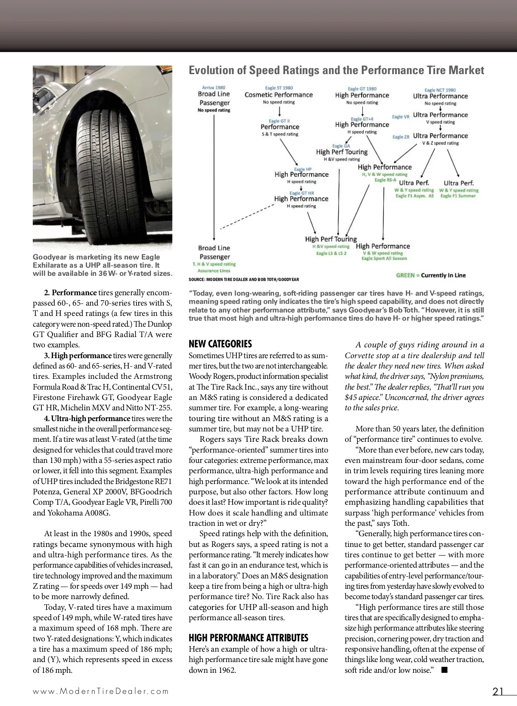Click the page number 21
pos(498,691)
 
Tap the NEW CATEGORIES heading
pos(220,344)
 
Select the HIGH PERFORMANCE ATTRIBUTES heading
pos(249,638)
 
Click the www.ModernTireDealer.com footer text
pos(101,691)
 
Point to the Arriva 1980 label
pos(214,87)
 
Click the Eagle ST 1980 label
pos(279,88)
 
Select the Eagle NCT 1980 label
pos(440,90)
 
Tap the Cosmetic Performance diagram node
pos(279,95)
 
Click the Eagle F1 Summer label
pos(458,196)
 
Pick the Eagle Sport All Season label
pos(384,259)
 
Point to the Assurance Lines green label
pos(214,271)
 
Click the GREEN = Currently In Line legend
pos(431,275)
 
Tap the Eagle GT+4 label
pos(362,119)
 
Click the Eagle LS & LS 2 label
pos(331,253)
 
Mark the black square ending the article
pos(445,670)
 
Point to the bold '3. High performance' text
pos(78,356)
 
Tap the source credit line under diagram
pos(243,280)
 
